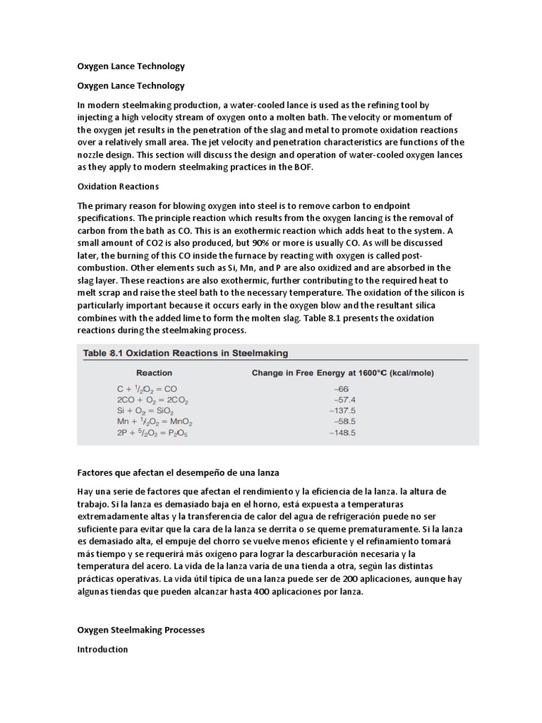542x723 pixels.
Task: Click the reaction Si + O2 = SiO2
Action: pos(145,411)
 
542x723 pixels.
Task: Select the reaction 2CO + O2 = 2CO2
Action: pos(152,400)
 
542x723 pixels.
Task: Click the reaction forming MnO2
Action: pos(155,422)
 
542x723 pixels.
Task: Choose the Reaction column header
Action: pos(154,373)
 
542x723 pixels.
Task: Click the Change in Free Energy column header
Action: pos(343,373)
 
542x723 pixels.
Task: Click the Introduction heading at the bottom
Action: pos(102,649)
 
